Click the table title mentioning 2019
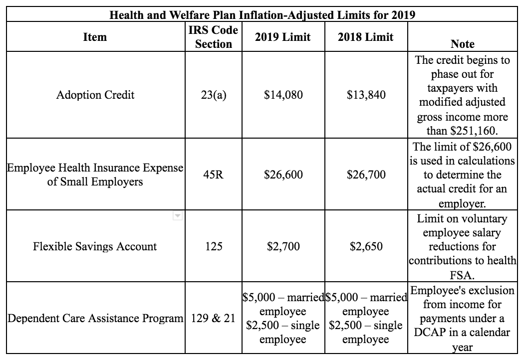click(x=262, y=14)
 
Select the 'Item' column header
click(x=95, y=37)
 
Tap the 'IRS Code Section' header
click(x=214, y=37)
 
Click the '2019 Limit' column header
click(x=282, y=37)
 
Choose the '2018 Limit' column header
click(x=365, y=37)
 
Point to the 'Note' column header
click(x=462, y=44)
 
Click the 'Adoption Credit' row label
click(x=95, y=95)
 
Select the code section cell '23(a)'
click(x=214, y=95)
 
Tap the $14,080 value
click(x=282, y=95)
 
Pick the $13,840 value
click(x=365, y=95)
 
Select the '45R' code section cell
click(x=214, y=175)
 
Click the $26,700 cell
click(x=365, y=175)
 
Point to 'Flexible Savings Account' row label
click(x=95, y=246)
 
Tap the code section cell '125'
click(x=214, y=246)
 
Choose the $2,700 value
click(x=282, y=246)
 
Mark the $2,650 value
click(x=365, y=246)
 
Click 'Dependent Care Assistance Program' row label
click(x=95, y=318)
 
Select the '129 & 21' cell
click(x=214, y=318)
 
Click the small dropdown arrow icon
click(x=177, y=216)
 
